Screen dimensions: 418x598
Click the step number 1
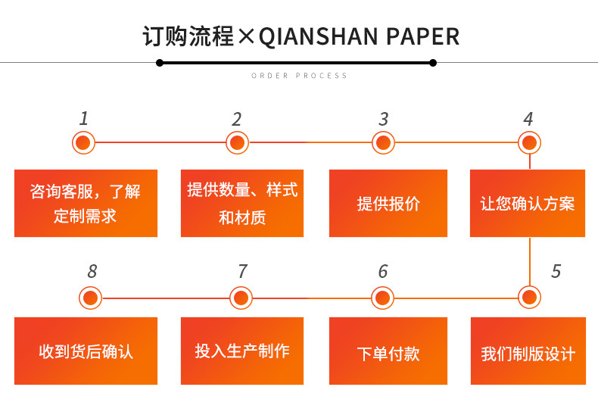[84, 118]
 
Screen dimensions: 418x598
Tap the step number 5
[556, 272]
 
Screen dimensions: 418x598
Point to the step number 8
[92, 272]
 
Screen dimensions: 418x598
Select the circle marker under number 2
[237, 142]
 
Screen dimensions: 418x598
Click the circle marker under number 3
[384, 142]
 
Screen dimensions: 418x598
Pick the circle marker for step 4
[529, 142]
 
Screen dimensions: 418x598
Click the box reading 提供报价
[388, 203]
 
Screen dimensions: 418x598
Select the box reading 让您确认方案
[528, 203]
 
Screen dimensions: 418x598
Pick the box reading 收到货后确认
[86, 351]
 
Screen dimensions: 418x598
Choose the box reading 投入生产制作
[242, 351]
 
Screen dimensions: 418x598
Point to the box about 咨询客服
[86, 203]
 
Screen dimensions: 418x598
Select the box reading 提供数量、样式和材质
[242, 203]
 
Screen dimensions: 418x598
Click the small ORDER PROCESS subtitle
[299, 76]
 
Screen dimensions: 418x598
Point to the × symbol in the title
[246, 37]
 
